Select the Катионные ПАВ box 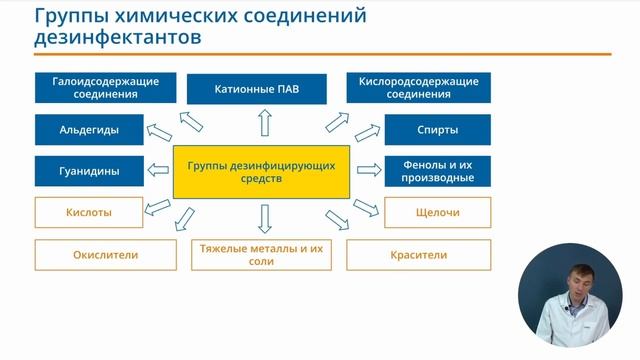(x=257, y=89)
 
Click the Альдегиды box (x=89, y=130)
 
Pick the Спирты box (x=437, y=130)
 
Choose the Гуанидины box (x=89, y=171)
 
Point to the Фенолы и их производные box (x=437, y=171)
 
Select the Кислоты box (x=89, y=213)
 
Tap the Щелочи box (x=437, y=213)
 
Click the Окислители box (x=105, y=254)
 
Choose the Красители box (x=418, y=254)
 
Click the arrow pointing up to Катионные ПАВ (x=265, y=122)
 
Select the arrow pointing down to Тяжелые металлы (x=265, y=218)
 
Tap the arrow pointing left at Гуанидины (x=157, y=171)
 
